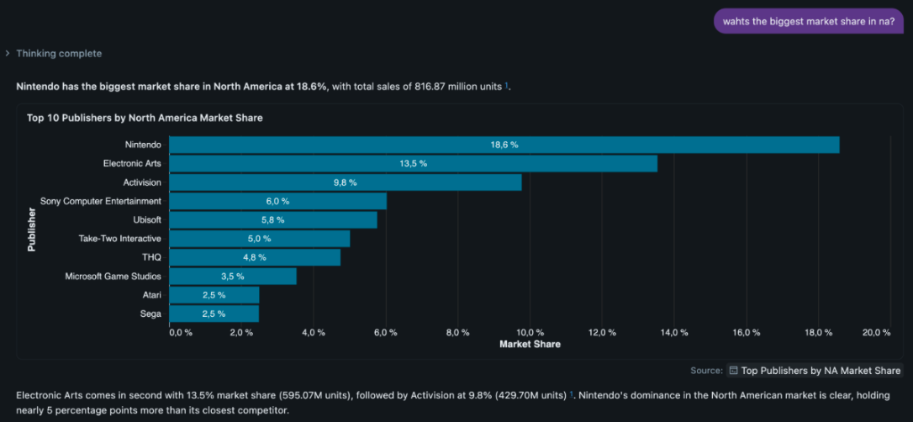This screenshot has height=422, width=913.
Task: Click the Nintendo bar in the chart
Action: point(504,145)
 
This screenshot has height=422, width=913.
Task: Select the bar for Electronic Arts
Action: point(414,164)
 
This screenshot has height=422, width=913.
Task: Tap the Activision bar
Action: point(346,182)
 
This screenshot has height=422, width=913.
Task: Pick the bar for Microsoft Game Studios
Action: point(233,276)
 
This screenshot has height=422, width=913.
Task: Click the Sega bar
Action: point(214,314)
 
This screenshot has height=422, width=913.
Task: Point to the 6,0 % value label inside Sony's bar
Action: point(277,202)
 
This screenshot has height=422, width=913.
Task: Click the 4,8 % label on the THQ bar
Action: point(255,257)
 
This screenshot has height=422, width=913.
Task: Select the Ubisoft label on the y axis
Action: point(147,219)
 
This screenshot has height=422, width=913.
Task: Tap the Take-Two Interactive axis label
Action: point(120,239)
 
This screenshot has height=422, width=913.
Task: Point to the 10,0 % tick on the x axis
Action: point(530,332)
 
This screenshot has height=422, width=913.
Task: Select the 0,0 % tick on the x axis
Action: point(181,332)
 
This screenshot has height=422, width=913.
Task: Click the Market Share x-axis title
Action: point(530,345)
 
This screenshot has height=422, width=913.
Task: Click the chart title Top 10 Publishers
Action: point(145,118)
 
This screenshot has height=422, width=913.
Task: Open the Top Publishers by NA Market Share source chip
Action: point(815,370)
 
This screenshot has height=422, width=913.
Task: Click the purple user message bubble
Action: point(809,21)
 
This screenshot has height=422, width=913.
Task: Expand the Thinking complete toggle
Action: point(54,54)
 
